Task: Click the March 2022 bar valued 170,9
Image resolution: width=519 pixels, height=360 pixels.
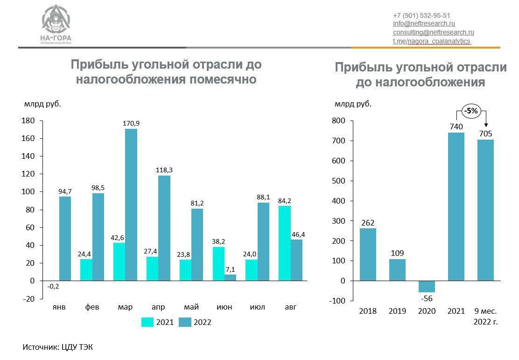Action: coord(131,205)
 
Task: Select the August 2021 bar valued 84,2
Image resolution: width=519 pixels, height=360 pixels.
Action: coord(284,243)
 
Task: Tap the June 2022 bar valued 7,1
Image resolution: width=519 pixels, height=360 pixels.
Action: coord(230,277)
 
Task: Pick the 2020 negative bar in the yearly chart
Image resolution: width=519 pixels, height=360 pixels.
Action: coord(427,286)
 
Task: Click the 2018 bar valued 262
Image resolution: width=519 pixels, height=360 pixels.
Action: coord(368,254)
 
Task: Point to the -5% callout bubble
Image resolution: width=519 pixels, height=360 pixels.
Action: coord(470,111)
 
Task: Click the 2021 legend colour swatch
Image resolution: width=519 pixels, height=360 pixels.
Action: coord(147,322)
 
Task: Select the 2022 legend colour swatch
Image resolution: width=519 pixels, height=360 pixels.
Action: coord(185,322)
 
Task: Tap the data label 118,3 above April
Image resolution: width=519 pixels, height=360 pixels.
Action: coord(164,170)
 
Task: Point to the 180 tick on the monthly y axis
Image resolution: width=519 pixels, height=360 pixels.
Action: coord(29,121)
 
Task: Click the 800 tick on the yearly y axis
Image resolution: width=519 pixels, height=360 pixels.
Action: coord(338,121)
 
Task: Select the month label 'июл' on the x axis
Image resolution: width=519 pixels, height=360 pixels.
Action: coord(257,307)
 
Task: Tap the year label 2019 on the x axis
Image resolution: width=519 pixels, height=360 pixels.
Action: coord(397,311)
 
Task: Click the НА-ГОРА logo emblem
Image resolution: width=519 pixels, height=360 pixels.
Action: coord(56,20)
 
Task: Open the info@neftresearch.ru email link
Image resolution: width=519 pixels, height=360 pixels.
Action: coord(424,24)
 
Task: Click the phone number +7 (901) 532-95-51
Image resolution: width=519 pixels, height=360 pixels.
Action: coord(421,15)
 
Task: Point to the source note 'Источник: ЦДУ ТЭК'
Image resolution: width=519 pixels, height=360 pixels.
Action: coord(58,347)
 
